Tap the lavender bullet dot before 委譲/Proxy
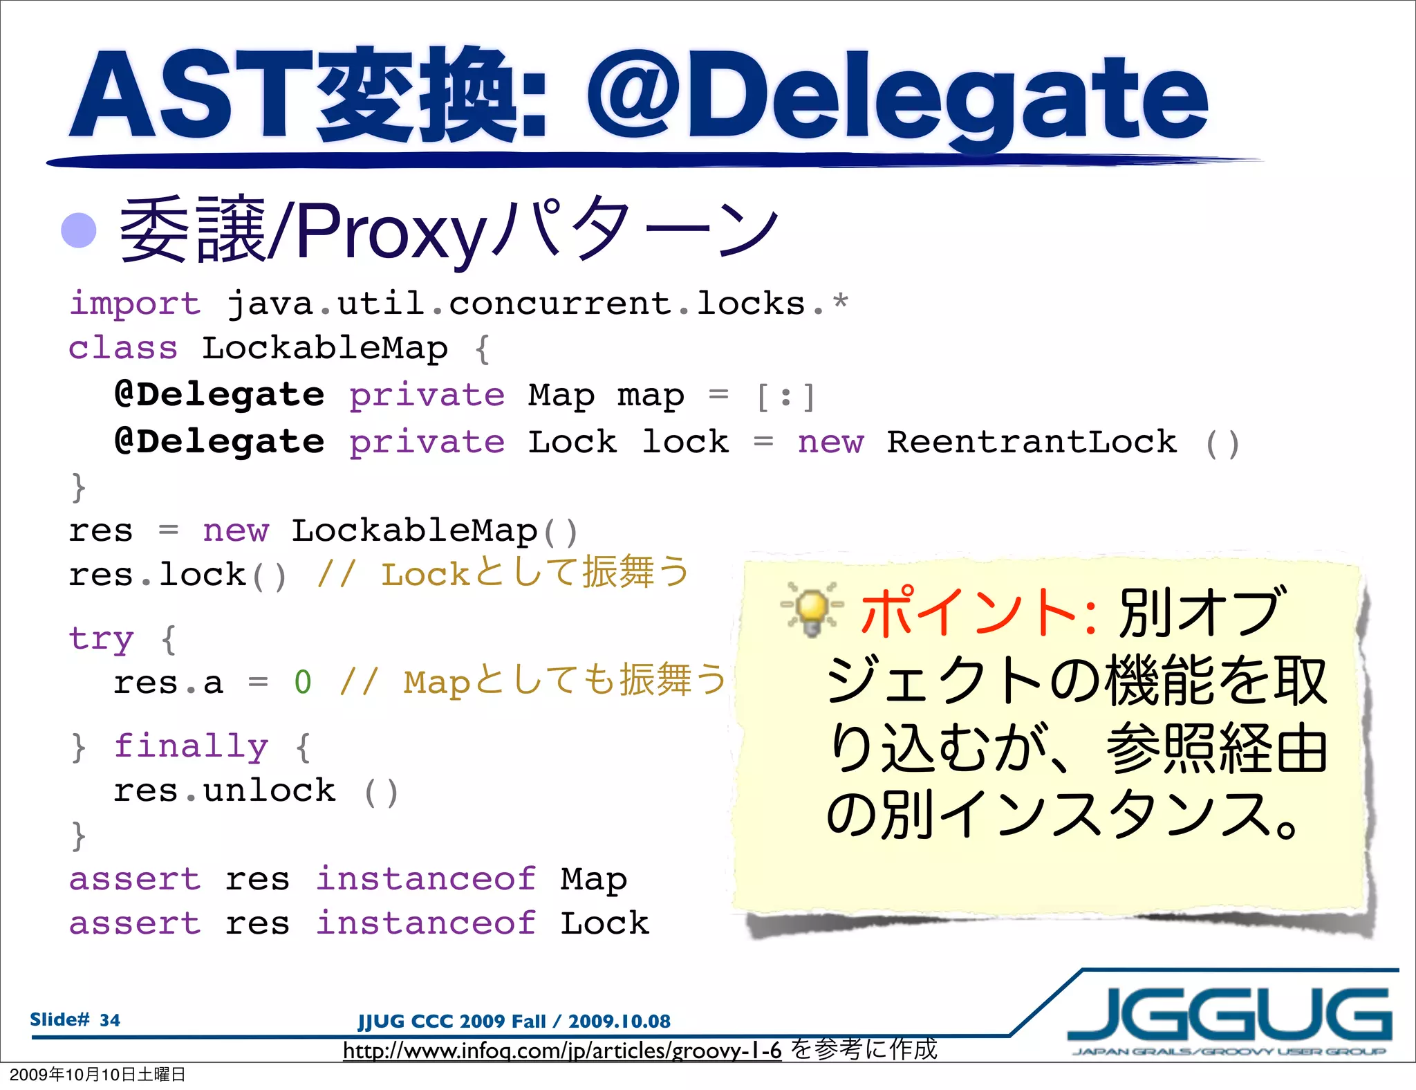tap(79, 230)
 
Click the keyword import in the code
tap(135, 304)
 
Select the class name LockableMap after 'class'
tap(324, 348)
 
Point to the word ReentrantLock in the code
tap(1032, 442)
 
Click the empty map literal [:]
tap(785, 396)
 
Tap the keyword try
tap(101, 638)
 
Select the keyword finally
tap(191, 746)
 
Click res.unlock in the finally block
tap(225, 791)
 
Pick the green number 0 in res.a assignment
tap(303, 683)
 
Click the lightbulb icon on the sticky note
tap(812, 609)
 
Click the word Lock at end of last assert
tap(604, 923)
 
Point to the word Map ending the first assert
tap(593, 879)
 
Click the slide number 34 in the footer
tap(109, 1020)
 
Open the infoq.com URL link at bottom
tap(562, 1051)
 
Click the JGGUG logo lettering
tap(1229, 1015)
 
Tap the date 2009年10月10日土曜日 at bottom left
tap(97, 1075)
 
